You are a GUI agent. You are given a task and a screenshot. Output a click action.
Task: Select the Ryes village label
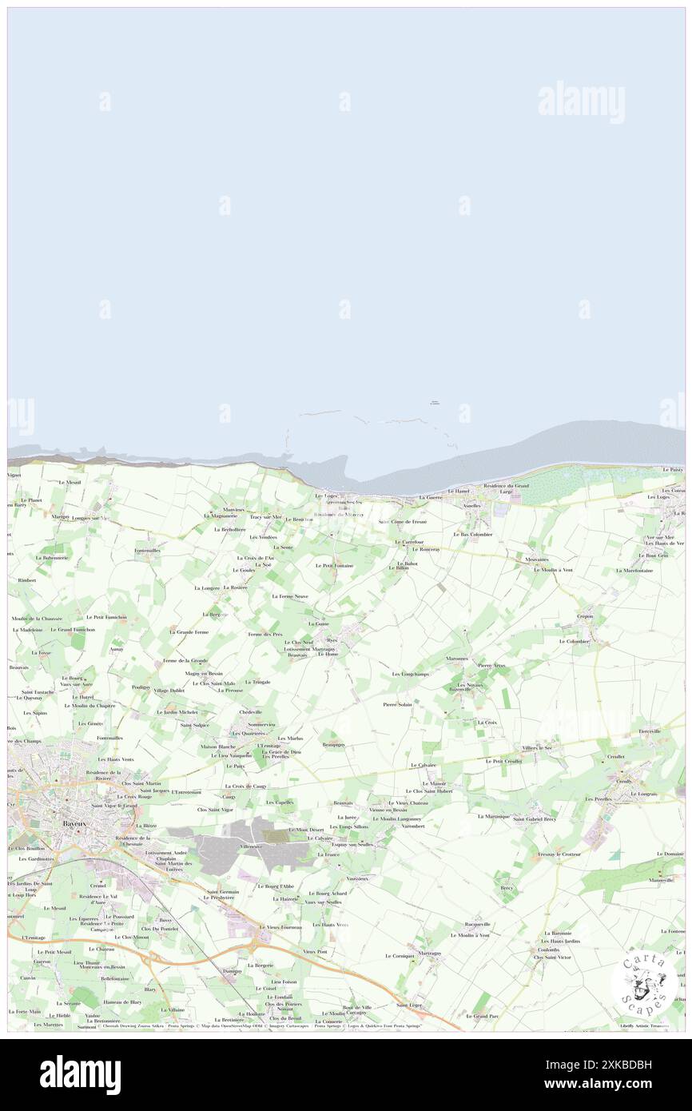pyautogui.click(x=332, y=639)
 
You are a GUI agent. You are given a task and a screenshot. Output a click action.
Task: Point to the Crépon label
pyautogui.click(x=586, y=617)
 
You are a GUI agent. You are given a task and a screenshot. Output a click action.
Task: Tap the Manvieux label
pyautogui.click(x=234, y=509)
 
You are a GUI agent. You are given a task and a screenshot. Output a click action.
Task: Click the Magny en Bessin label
pyautogui.click(x=203, y=674)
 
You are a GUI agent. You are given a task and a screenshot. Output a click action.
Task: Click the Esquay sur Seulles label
pyautogui.click(x=352, y=844)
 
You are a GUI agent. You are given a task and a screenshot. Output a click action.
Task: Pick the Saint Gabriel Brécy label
pyautogui.click(x=534, y=819)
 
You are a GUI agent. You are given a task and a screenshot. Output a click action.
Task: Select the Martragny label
pyautogui.click(x=428, y=953)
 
